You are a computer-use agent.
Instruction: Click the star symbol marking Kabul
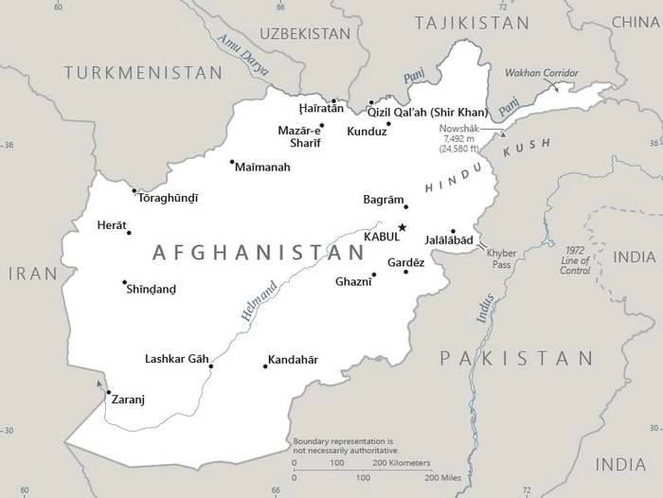pyautogui.click(x=402, y=227)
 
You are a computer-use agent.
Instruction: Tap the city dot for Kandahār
pyautogui.click(x=265, y=366)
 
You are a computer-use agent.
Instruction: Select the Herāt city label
pyautogui.click(x=112, y=225)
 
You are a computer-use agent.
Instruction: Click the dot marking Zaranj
pyautogui.click(x=108, y=392)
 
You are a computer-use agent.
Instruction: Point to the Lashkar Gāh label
pyautogui.click(x=176, y=359)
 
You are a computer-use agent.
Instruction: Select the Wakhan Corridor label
pyautogui.click(x=540, y=73)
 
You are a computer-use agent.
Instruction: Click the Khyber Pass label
pyautogui.click(x=500, y=258)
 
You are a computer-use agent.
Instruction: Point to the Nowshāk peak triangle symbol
pyautogui.click(x=491, y=134)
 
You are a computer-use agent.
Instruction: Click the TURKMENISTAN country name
pyautogui.click(x=143, y=72)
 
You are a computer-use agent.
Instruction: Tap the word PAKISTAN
pyautogui.click(x=516, y=358)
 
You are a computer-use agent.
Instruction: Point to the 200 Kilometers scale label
pyautogui.click(x=401, y=463)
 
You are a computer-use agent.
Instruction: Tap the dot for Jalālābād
pyautogui.click(x=453, y=231)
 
